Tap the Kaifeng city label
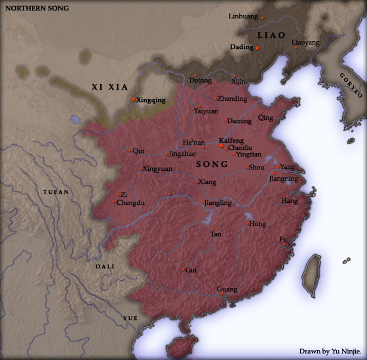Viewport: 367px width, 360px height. (x=231, y=140)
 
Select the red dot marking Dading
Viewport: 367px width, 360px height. (x=258, y=48)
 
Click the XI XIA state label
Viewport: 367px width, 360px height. (x=109, y=87)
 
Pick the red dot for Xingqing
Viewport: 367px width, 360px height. (x=133, y=99)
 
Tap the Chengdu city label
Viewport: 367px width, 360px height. (x=131, y=203)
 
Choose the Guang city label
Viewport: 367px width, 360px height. (x=227, y=289)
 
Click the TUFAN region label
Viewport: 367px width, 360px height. (x=55, y=192)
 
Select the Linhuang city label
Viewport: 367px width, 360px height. (x=242, y=16)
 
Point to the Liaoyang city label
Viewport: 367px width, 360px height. (x=305, y=43)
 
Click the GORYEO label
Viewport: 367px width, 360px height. (x=351, y=85)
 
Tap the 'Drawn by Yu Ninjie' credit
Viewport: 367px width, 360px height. (x=330, y=351)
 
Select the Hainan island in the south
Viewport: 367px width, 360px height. (x=178, y=347)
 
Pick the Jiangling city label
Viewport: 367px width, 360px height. (x=218, y=203)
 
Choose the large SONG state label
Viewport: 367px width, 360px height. (x=212, y=164)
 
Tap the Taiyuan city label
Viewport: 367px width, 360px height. (x=206, y=111)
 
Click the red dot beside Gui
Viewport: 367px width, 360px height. (x=183, y=269)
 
